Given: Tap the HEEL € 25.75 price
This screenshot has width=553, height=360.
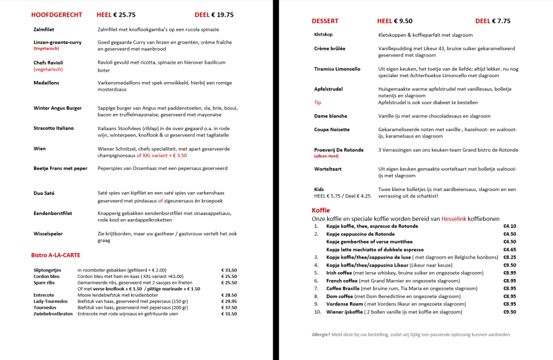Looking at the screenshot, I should click(x=116, y=15).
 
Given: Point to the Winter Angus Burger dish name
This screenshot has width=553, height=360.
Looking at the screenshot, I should click(x=57, y=108).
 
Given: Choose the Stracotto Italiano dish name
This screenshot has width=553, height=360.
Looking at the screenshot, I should click(x=53, y=128).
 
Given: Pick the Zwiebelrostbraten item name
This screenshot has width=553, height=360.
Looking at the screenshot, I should click(x=53, y=314).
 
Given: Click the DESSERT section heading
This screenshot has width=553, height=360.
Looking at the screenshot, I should click(x=325, y=21).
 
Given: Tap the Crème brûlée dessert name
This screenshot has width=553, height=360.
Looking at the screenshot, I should click(x=329, y=49).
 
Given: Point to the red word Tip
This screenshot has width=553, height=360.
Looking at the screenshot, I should click(x=318, y=102).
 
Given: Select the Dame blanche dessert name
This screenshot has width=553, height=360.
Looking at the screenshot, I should click(x=331, y=116).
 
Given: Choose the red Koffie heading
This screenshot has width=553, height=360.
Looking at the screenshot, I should click(x=321, y=210).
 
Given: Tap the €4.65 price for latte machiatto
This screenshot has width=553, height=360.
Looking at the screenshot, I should click(x=510, y=249).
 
